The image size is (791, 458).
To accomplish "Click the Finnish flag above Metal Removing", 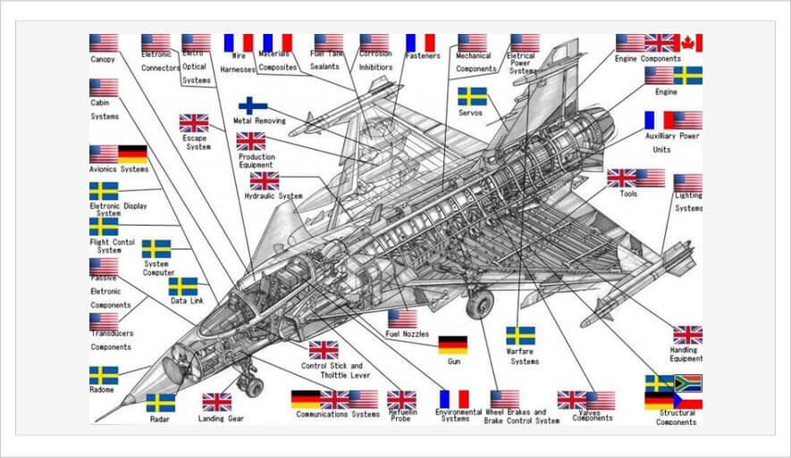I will point(253,104).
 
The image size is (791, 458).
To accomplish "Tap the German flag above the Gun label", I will point(452,345).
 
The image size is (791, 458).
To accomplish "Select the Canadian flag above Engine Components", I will point(688,43).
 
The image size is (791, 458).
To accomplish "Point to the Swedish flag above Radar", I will point(161,403).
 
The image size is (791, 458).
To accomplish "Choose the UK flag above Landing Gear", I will point(216,402).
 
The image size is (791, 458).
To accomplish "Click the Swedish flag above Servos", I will point(472,96).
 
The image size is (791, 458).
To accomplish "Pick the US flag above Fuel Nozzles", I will point(402,319).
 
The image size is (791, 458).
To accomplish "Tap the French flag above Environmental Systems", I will point(454,399).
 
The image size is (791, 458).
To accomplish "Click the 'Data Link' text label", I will point(187,301).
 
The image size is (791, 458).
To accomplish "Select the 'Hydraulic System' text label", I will point(273,196).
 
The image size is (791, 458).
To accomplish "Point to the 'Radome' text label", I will point(103,390).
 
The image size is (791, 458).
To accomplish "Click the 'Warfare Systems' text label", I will point(524,356).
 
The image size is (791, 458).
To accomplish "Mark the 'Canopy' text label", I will point(103,60).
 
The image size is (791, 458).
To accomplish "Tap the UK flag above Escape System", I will point(194,123).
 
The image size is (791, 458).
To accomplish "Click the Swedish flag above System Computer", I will point(156,249).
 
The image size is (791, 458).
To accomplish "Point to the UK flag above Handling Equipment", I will point(687,335).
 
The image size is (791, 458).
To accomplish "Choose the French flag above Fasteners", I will point(420,43).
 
